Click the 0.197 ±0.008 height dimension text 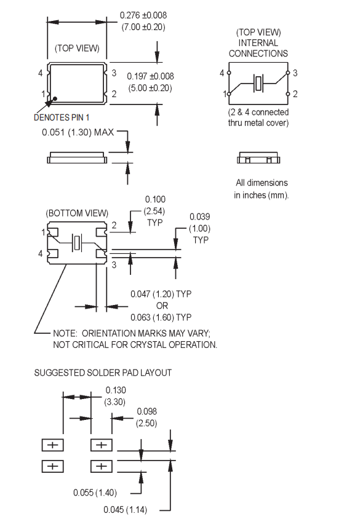150,76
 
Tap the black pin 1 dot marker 55,97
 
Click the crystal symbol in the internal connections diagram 260,82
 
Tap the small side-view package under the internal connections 258,160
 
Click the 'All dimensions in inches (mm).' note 261,189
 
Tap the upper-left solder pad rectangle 52,445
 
